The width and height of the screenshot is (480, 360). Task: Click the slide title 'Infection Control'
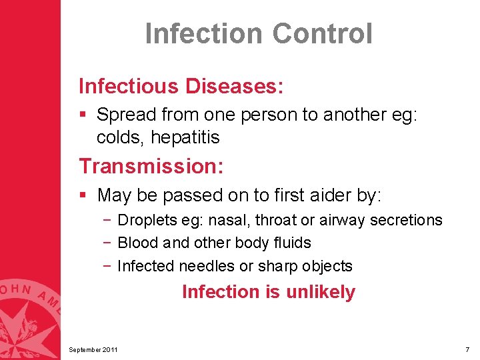(x=259, y=34)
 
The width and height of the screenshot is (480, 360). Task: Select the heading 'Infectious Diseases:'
(x=181, y=86)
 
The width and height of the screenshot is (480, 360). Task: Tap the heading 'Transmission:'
(x=151, y=165)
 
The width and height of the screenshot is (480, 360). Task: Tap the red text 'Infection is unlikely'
(x=269, y=292)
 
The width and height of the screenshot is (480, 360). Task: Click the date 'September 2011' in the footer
(x=94, y=350)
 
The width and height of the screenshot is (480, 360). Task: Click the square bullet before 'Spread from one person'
(x=83, y=115)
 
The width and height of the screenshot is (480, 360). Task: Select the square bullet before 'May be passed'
(x=83, y=195)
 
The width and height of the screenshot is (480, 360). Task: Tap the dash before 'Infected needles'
(x=107, y=266)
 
